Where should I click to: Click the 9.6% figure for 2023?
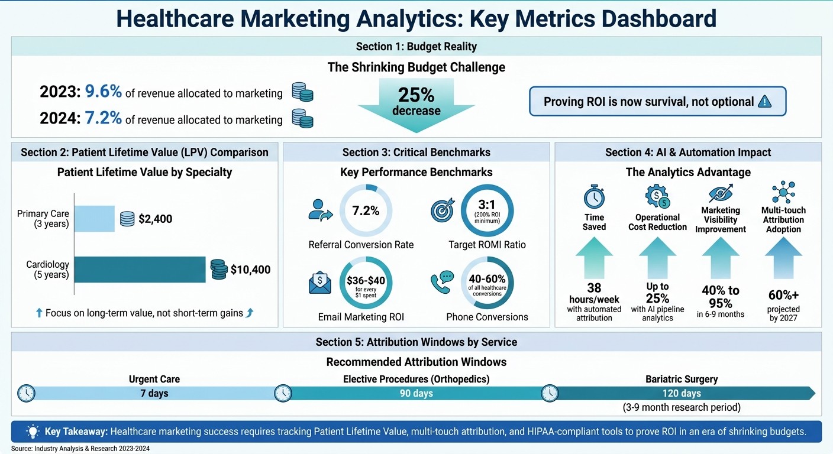click(x=103, y=92)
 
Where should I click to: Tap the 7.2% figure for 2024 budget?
click(x=103, y=119)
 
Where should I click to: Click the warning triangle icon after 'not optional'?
click(x=764, y=102)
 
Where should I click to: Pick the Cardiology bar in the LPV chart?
click(x=140, y=270)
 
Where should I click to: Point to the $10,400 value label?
click(x=250, y=270)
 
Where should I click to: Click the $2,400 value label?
click(x=155, y=219)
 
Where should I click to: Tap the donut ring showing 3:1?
click(x=487, y=211)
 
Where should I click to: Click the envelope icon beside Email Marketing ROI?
click(x=320, y=282)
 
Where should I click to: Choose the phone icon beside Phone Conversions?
click(x=441, y=282)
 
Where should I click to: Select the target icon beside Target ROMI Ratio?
click(x=441, y=211)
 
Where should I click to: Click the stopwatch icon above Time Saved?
click(x=593, y=196)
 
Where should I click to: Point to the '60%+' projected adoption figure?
click(x=783, y=295)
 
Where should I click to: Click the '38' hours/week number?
click(x=594, y=287)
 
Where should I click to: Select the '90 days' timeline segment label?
click(x=416, y=394)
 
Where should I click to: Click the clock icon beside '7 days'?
click(x=27, y=393)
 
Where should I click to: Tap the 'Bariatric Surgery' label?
click(x=682, y=380)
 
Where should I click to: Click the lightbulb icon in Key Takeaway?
click(x=33, y=432)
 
